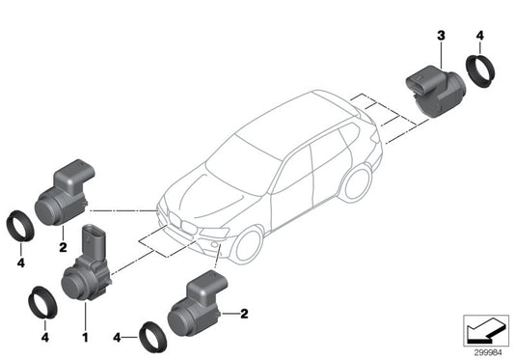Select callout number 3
pyautogui.click(x=441, y=36)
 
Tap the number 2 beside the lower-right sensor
pyautogui.click(x=245, y=314)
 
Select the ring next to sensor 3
pyautogui.click(x=477, y=71)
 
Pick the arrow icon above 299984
pyautogui.click(x=481, y=330)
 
